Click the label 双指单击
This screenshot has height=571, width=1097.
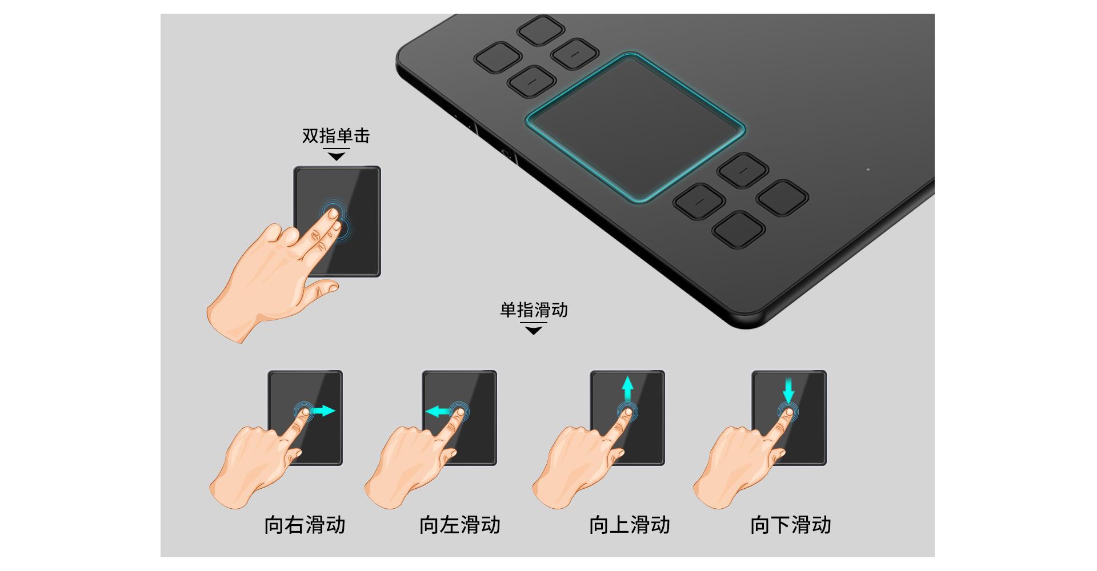(x=336, y=136)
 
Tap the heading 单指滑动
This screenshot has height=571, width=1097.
(x=534, y=310)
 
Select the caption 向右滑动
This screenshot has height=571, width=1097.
(x=305, y=525)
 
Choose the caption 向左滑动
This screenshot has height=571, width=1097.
(x=460, y=525)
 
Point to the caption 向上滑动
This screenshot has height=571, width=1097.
(x=630, y=525)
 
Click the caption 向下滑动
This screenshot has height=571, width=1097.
(x=791, y=525)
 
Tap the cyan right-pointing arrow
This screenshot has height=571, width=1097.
(x=323, y=411)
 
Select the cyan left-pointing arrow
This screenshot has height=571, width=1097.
(x=438, y=411)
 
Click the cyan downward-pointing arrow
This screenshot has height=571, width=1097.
(x=788, y=391)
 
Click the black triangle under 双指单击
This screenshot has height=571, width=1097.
(x=337, y=156)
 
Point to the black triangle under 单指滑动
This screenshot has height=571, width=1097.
(x=534, y=330)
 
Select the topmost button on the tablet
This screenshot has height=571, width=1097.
(x=540, y=30)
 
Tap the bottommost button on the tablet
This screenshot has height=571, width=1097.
(x=739, y=229)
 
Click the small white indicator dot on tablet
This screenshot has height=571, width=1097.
(x=868, y=169)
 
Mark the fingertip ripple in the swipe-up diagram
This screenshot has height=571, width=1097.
(x=627, y=411)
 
